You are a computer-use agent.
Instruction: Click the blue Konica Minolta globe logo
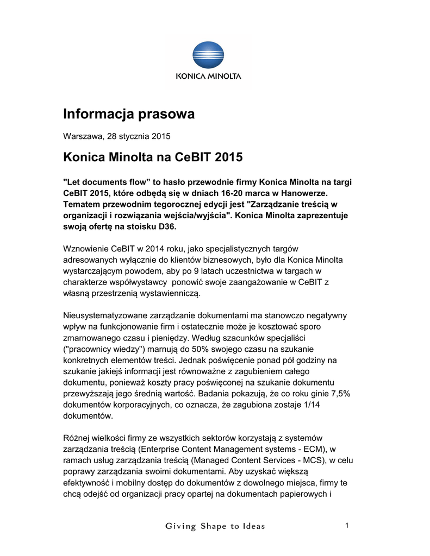coord(208,56)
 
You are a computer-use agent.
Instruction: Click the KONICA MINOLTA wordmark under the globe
coord(208,77)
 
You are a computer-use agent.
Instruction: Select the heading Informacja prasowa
coord(129,114)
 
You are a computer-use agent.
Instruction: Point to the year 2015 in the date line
coord(161,136)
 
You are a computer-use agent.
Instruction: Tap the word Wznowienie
coord(86,249)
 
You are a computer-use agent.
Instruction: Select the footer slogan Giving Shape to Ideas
coord(216,526)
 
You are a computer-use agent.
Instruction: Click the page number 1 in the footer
coord(346,525)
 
